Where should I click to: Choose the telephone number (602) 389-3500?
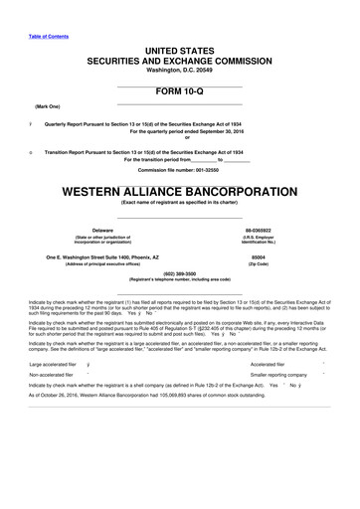click(180, 273)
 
